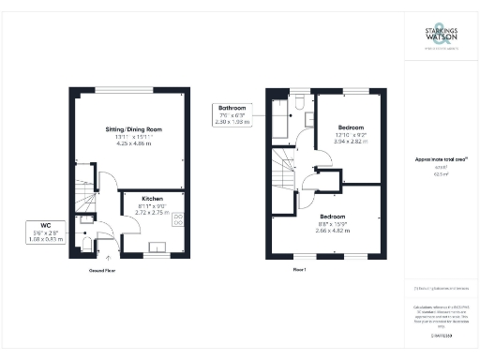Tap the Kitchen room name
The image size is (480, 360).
154,199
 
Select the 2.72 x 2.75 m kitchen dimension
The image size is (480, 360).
154,214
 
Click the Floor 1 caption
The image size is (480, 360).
301,268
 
